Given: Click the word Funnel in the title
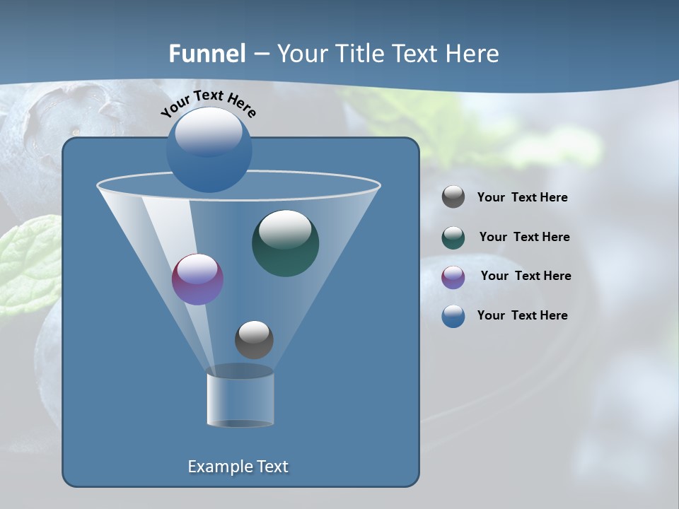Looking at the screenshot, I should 207,53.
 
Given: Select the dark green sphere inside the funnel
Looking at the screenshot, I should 285,244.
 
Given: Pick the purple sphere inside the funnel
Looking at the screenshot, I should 197,280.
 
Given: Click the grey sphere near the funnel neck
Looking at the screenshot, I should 254,340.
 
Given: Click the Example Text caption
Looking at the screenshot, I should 238,467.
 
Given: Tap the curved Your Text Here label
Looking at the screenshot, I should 208,103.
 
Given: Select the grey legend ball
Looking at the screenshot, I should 453,197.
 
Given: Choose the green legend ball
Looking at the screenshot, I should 453,238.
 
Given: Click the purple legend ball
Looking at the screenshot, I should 453,276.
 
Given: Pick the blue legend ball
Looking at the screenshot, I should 453,316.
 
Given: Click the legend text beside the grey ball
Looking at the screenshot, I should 522,197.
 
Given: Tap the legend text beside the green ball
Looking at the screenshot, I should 524,237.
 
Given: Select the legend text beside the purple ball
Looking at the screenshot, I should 526,276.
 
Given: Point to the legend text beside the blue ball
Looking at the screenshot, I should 522,315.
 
